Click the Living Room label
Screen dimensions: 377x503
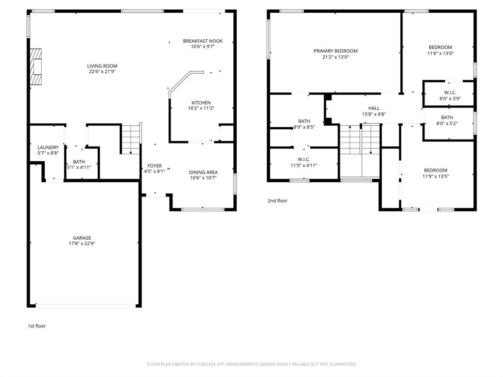tap(102, 66)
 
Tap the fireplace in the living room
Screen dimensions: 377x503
tap(35, 67)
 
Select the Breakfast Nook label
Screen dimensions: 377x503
tap(202, 41)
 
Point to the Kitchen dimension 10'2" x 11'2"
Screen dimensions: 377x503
tap(201, 108)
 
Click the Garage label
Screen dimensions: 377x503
tap(82, 238)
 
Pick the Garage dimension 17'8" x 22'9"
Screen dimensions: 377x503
tap(82, 244)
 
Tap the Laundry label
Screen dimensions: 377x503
tap(48, 147)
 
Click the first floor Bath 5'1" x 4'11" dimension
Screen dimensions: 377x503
tap(79, 167)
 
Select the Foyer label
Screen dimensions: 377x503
tap(155, 166)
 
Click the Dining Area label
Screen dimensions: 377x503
tap(203, 172)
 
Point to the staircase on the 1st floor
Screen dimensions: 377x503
tap(131, 139)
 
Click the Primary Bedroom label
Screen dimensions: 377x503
tap(335, 51)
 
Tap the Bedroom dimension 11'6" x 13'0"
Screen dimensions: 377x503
tap(440, 53)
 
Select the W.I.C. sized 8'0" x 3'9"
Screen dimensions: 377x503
tap(450, 92)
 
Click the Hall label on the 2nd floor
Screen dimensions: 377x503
tap(374, 108)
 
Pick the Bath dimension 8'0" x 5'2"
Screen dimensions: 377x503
tap(447, 123)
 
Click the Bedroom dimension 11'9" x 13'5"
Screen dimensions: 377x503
tap(436, 176)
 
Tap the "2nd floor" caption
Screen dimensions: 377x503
tap(278, 201)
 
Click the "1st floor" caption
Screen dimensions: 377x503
tap(36, 326)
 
